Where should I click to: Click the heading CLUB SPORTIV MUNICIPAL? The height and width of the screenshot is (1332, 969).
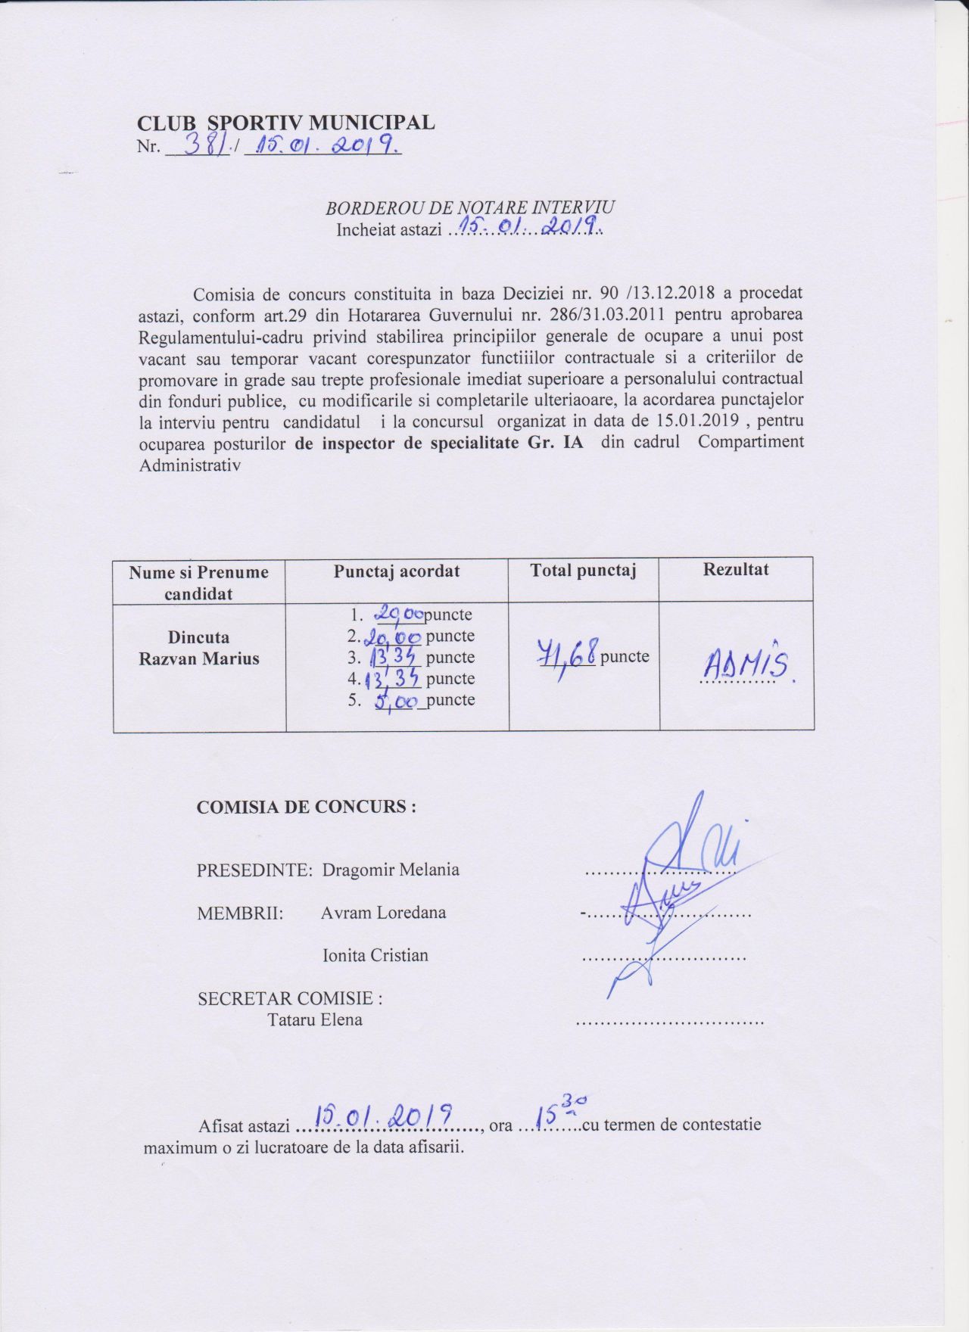click(x=285, y=123)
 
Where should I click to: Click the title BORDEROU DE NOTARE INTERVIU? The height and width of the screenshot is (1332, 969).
click(x=469, y=208)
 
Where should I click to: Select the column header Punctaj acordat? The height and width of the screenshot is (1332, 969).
click(x=397, y=571)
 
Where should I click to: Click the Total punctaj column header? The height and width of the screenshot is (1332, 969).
click(x=583, y=571)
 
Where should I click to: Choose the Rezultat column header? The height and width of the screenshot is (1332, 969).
click(x=736, y=570)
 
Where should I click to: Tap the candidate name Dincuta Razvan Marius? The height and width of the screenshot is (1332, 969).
click(x=198, y=648)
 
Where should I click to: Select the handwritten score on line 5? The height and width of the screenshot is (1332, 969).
click(x=397, y=702)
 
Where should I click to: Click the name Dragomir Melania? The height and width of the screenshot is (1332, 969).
click(x=391, y=870)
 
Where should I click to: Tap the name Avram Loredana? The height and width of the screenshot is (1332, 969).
click(x=383, y=913)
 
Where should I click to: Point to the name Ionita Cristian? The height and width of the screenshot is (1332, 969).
click(x=375, y=955)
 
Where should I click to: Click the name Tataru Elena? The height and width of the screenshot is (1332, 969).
click(x=315, y=1019)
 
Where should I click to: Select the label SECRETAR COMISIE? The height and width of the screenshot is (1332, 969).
click(x=289, y=998)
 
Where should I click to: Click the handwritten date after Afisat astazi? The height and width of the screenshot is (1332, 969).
click(x=384, y=1116)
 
